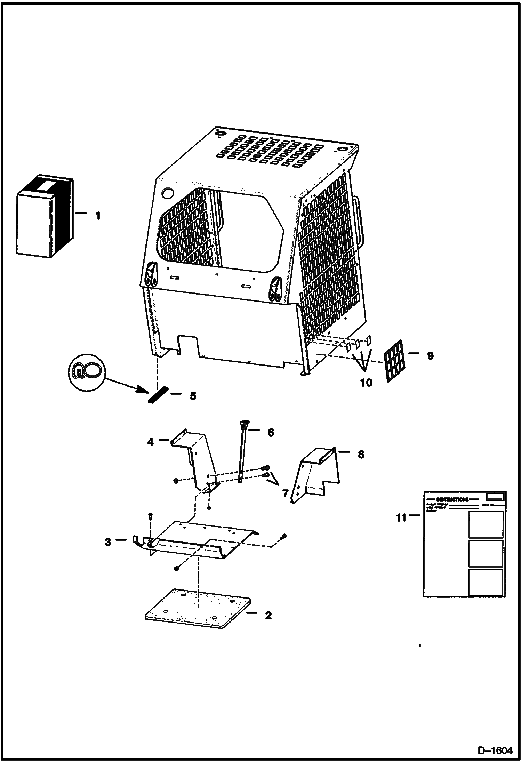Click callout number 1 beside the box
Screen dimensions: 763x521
98,216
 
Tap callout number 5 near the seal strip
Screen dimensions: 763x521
192,396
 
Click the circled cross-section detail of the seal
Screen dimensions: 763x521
86,372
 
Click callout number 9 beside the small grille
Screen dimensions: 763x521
430,356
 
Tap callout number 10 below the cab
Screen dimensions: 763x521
366,383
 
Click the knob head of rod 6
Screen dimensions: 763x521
244,423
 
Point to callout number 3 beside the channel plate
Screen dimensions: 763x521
108,542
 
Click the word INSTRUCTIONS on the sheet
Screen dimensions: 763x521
452,499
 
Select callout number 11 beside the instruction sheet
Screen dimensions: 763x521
401,518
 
